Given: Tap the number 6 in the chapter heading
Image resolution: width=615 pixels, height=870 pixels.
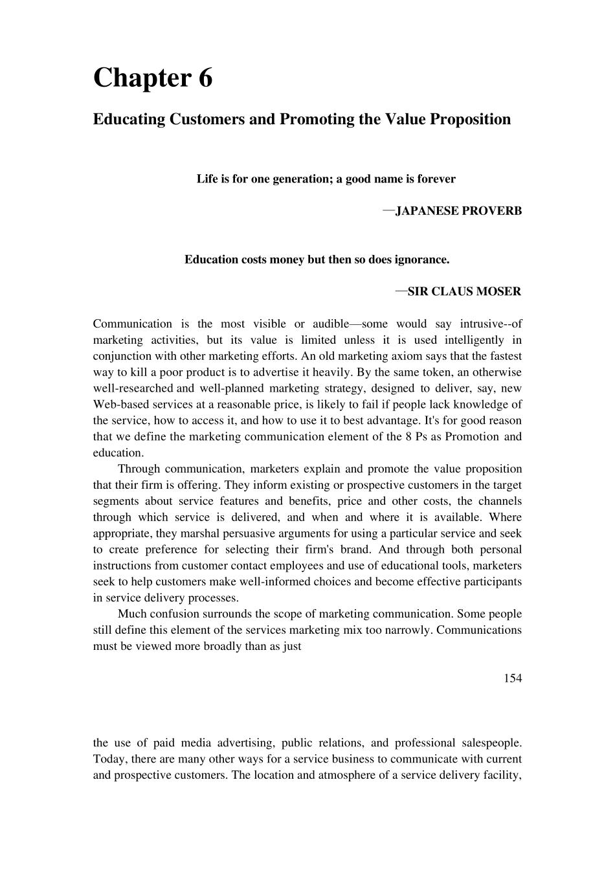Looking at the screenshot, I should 205,78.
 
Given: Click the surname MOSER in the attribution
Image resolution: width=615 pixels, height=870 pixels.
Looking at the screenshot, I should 498,292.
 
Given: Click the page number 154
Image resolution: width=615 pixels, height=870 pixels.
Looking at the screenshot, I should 512,678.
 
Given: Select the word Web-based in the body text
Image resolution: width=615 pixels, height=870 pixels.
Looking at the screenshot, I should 117,405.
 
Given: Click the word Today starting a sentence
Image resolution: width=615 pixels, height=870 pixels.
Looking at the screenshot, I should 108,759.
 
